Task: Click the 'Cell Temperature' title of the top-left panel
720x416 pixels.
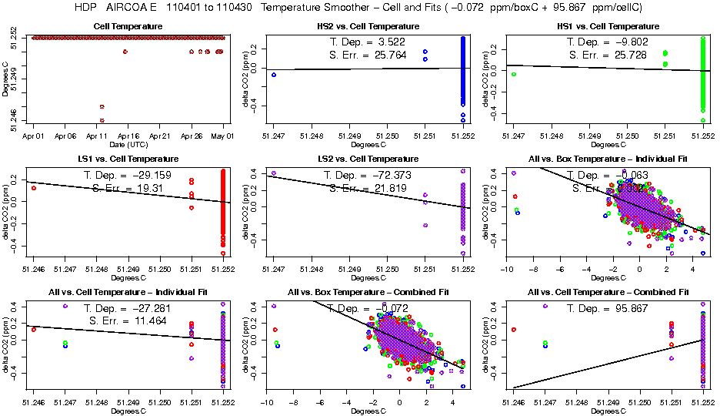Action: point(127,27)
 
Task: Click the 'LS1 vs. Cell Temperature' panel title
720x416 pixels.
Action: point(127,159)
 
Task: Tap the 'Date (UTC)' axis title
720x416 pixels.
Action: point(127,144)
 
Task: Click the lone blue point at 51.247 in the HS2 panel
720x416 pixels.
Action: point(273,75)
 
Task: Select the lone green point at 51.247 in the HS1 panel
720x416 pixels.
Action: point(513,74)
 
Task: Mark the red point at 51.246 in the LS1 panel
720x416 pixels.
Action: point(33,188)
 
